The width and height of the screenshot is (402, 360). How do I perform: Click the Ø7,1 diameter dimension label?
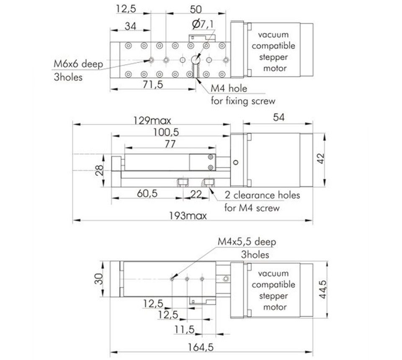click(203, 24)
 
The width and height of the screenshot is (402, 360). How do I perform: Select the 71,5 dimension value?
click(153, 84)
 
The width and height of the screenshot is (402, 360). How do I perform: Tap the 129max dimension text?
click(152, 121)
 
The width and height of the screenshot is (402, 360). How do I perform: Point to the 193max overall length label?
click(188, 216)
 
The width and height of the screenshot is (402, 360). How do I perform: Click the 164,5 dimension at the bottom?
click(201, 347)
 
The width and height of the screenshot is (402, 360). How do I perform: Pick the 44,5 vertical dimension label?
click(323, 290)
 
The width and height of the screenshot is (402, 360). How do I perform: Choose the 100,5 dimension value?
click(166, 132)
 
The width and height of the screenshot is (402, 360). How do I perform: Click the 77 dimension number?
click(170, 144)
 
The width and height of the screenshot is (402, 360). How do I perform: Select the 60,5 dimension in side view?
click(147, 193)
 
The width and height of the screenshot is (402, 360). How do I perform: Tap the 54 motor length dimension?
click(279, 117)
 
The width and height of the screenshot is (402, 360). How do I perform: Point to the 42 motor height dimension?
click(321, 159)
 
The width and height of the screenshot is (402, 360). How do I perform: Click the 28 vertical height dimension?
click(99, 170)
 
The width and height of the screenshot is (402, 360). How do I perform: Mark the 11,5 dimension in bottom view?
click(185, 329)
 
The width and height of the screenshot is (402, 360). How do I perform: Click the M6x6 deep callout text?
click(78, 64)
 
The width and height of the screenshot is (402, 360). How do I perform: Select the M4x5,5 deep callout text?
click(247, 242)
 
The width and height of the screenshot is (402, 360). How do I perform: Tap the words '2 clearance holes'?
click(262, 195)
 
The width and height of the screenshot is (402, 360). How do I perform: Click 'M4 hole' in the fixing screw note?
click(229, 88)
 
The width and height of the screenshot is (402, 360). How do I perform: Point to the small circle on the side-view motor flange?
click(236, 162)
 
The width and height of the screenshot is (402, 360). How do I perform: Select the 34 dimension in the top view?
click(130, 26)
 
